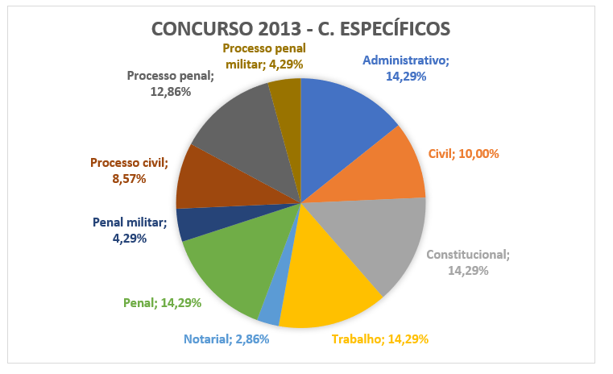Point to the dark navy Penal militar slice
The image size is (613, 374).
[x=203, y=221]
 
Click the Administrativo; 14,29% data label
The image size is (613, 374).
[x=406, y=69]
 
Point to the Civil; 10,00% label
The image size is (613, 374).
[x=464, y=154]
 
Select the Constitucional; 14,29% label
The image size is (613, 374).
[x=468, y=263]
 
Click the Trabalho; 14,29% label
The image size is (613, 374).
[x=380, y=339]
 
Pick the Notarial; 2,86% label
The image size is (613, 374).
[x=226, y=339]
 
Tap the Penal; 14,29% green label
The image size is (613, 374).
[x=162, y=303]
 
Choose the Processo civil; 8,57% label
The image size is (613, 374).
[x=129, y=171]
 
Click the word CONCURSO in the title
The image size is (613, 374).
[x=202, y=29]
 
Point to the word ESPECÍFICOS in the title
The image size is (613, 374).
[x=395, y=29]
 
